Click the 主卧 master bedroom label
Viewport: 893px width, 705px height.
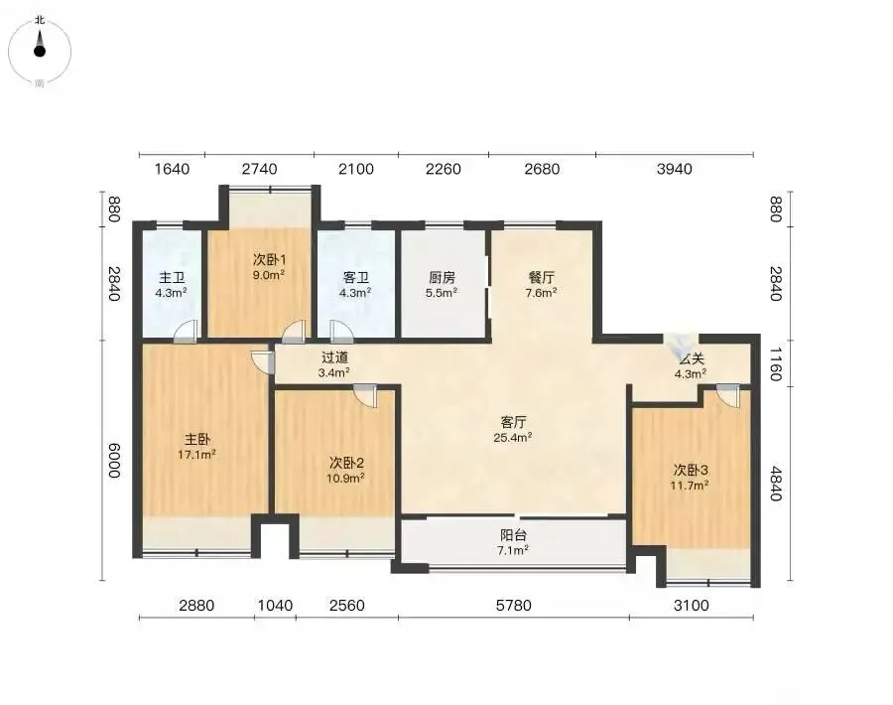point(197,440)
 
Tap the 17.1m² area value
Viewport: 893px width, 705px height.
point(197,455)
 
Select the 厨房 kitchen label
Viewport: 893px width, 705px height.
point(442,278)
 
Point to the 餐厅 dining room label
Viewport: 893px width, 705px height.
point(542,278)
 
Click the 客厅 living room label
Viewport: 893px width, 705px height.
point(513,422)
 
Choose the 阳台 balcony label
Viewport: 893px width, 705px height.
point(513,535)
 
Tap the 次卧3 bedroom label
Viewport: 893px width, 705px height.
point(691,471)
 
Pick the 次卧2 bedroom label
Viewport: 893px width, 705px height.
point(346,462)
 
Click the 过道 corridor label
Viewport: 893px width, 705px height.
point(334,357)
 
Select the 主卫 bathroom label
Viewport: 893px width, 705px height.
point(172,278)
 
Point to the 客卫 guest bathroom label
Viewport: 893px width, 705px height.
point(356,278)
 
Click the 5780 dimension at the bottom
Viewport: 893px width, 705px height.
point(514,605)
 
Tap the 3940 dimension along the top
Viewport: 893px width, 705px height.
point(675,169)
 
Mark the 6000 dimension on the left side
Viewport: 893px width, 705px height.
point(114,460)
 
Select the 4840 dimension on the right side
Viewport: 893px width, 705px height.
point(775,484)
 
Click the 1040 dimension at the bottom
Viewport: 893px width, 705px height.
point(276,605)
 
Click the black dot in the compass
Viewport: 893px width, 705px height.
point(40,52)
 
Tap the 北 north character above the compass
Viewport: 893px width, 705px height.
point(40,20)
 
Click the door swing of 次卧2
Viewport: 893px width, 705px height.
point(365,396)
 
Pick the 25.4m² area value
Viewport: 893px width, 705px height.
point(513,438)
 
